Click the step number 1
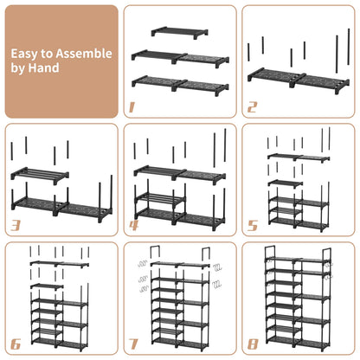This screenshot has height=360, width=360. (132, 108)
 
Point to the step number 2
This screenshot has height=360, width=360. (252, 108)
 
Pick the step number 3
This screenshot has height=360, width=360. (15, 227)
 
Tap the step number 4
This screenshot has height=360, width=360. (132, 227)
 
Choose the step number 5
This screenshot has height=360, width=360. (251, 227)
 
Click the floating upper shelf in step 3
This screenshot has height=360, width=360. (40, 174)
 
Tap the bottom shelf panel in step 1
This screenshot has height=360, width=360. (180, 85)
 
